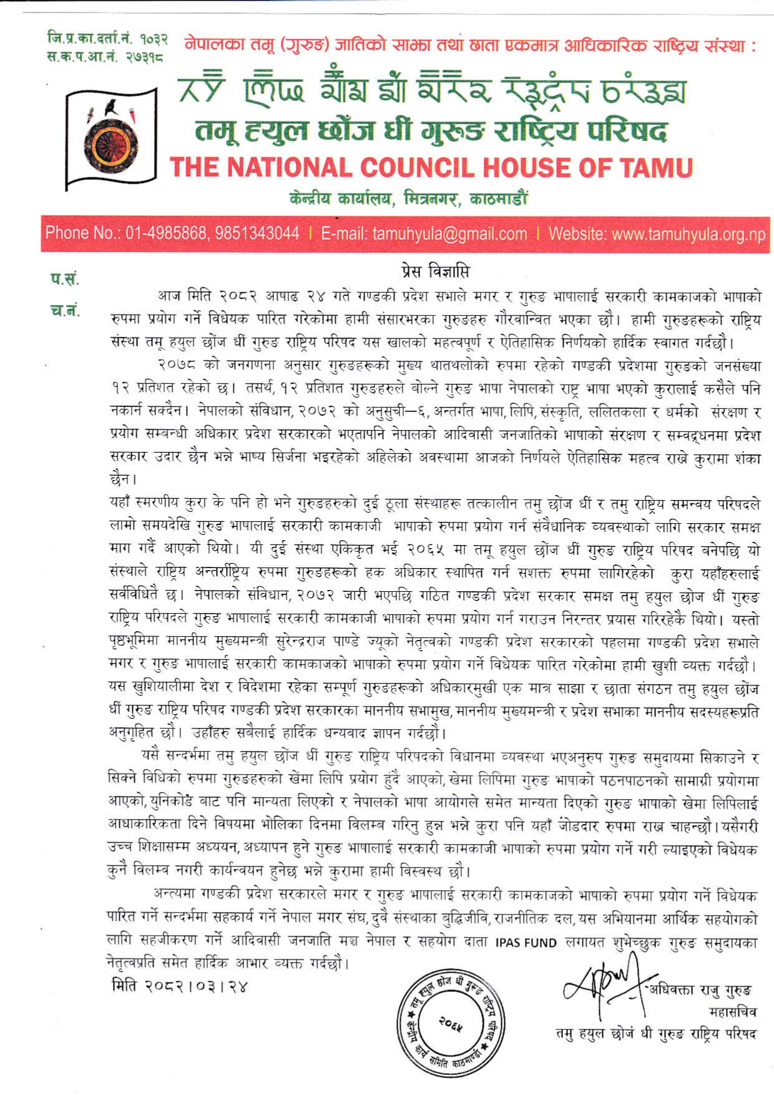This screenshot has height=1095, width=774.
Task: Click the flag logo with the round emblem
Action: [x=111, y=138]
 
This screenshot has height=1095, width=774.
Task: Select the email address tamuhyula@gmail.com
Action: [x=449, y=234]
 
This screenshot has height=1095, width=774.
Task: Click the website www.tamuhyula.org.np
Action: [x=688, y=234]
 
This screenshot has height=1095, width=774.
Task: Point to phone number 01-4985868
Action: [x=167, y=234]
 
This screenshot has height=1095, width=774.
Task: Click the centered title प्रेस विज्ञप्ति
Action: [x=435, y=272]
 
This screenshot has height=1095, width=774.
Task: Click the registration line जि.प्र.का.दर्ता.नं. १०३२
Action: [x=107, y=39]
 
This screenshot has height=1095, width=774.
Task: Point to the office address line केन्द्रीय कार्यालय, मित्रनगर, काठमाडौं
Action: [x=409, y=199]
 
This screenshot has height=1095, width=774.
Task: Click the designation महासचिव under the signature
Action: [x=732, y=1011]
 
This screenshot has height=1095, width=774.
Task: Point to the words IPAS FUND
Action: [x=526, y=943]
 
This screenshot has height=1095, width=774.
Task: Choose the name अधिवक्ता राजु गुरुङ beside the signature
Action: [x=700, y=990]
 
